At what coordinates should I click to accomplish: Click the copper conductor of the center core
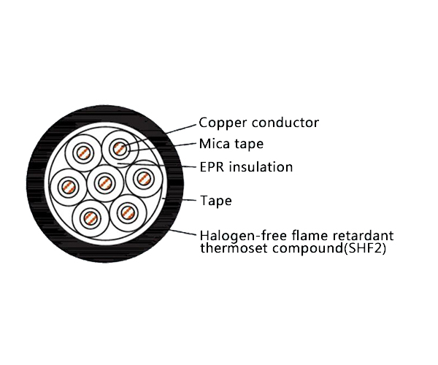104,181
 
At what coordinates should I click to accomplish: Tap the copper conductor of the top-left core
82,154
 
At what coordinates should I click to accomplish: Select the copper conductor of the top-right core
119,150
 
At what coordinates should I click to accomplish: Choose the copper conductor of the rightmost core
142,177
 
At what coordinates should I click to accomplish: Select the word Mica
215,144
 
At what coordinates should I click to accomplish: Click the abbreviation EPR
212,167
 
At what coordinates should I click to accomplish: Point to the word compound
303,249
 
